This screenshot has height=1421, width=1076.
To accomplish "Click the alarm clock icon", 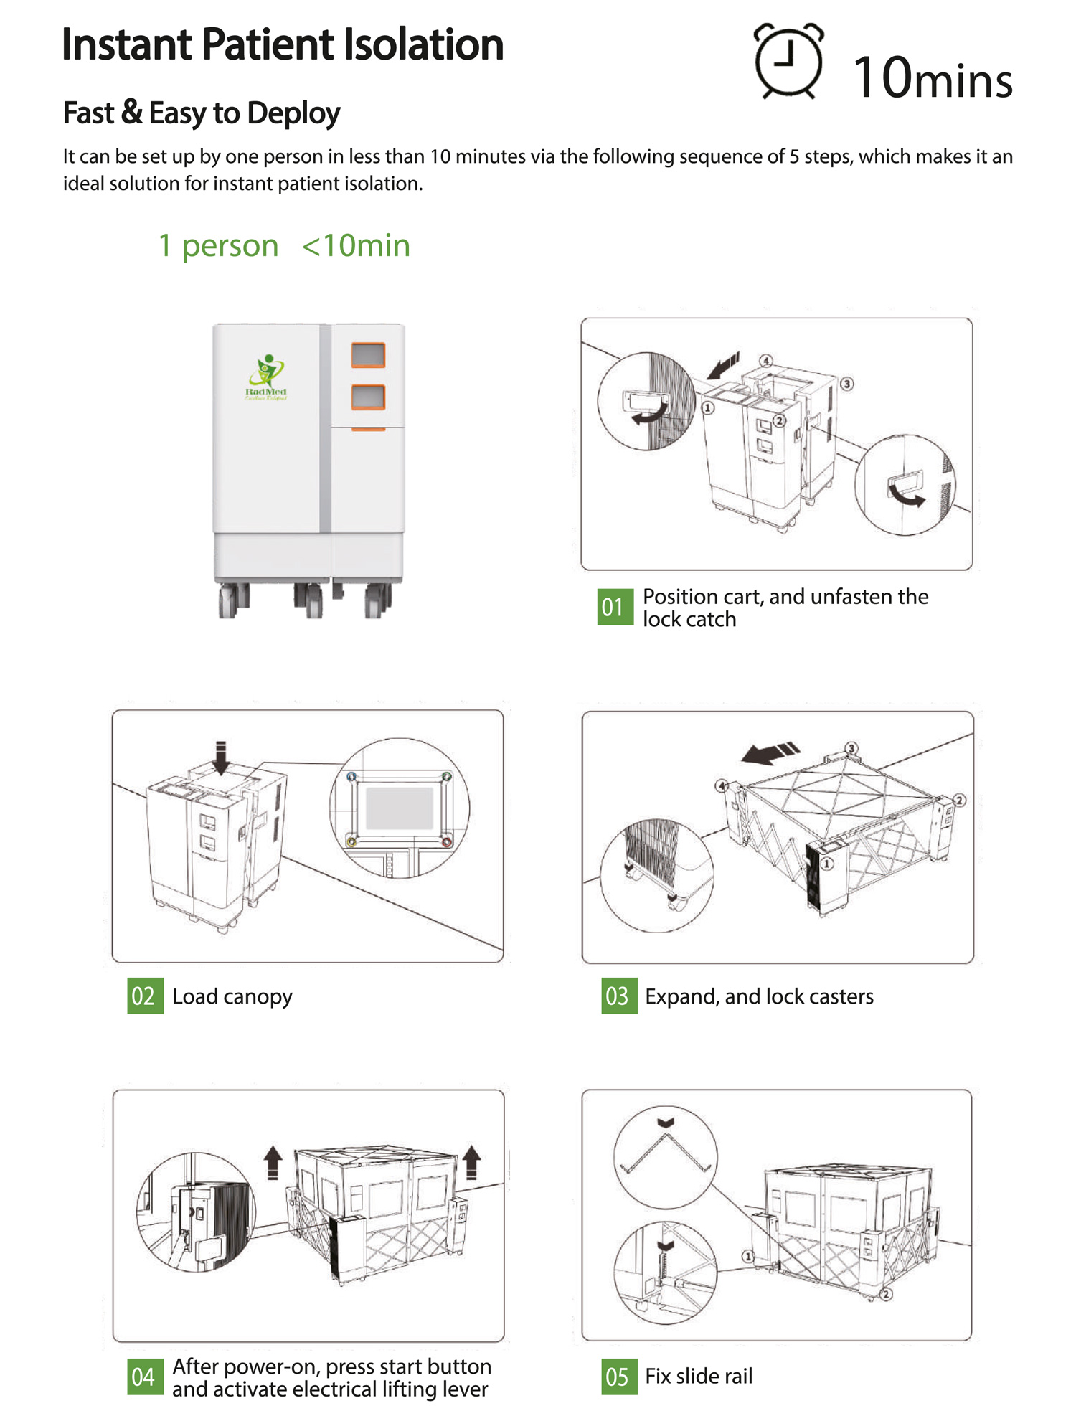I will pyautogui.click(x=788, y=62).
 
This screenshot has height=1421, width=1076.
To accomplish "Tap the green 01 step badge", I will pyautogui.click(x=615, y=607).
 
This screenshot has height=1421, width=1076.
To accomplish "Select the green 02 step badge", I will pyautogui.click(x=145, y=996).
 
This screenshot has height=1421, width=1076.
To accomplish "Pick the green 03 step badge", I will pyautogui.click(x=619, y=996).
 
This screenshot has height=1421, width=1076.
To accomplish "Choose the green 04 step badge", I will pyautogui.click(x=145, y=1377).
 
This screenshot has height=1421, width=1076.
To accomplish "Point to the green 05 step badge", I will pyautogui.click(x=619, y=1377).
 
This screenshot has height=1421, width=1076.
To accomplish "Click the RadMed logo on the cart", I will pyautogui.click(x=266, y=377).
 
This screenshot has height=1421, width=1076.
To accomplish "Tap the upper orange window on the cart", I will pyautogui.click(x=368, y=355).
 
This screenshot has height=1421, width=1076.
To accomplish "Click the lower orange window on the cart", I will pyautogui.click(x=368, y=397).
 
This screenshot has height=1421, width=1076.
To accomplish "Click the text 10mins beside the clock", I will pyautogui.click(x=933, y=77).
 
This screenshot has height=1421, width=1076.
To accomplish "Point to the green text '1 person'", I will pyautogui.click(x=218, y=246).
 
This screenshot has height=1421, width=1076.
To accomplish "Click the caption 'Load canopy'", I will pyautogui.click(x=232, y=996).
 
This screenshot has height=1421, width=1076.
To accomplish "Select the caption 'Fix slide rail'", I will pyautogui.click(x=699, y=1376).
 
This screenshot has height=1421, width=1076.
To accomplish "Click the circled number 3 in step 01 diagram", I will pyautogui.click(x=846, y=384).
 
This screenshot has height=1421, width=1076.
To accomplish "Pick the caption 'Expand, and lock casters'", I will pyautogui.click(x=759, y=996).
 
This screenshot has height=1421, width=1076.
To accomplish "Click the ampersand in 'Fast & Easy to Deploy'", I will pyautogui.click(x=131, y=113).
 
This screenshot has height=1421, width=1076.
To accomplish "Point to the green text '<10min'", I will pyautogui.click(x=356, y=246).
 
